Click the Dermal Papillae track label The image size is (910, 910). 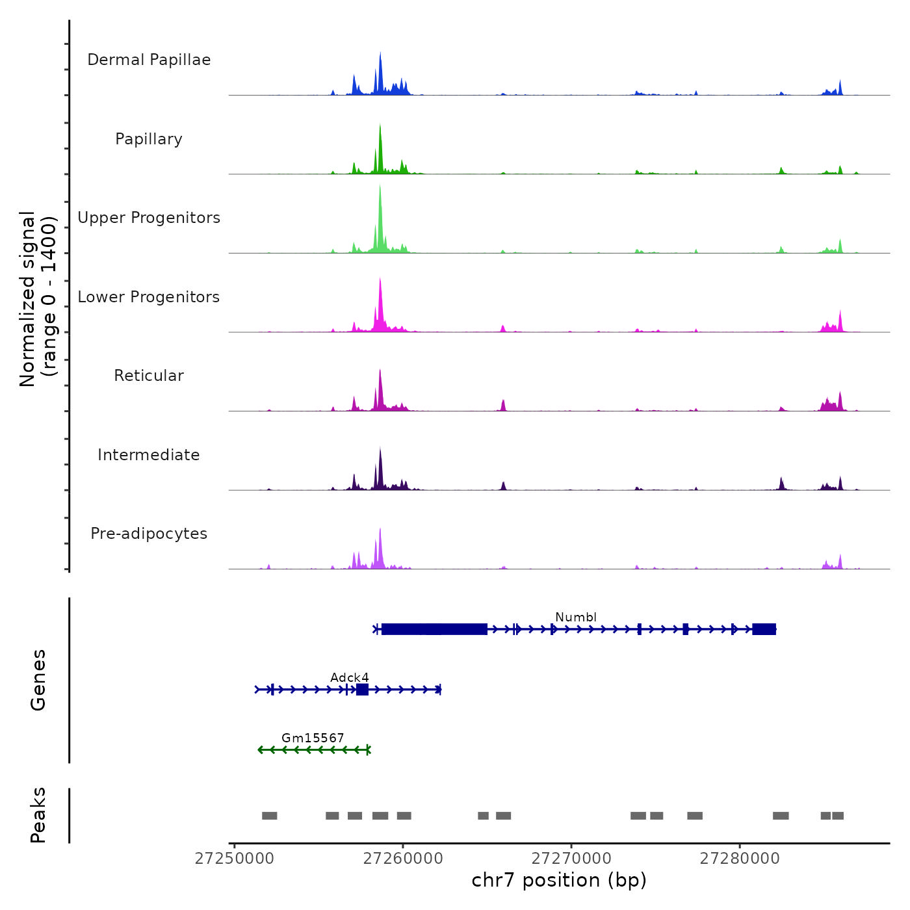click(x=149, y=60)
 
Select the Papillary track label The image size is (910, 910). click(x=149, y=139)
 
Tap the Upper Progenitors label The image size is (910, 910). click(x=149, y=218)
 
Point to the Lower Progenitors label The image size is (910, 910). click(x=149, y=297)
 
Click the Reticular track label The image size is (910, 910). click(x=149, y=376)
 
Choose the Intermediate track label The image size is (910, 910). click(x=149, y=455)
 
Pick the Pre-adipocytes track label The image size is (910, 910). click(x=149, y=534)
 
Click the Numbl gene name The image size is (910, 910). click(x=576, y=617)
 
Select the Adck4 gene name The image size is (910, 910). click(x=350, y=677)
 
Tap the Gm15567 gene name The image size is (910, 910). click(x=313, y=738)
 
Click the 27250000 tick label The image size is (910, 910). click(x=235, y=859)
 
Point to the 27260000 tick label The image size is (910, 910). click(x=403, y=859)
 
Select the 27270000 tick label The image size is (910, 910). click(x=571, y=859)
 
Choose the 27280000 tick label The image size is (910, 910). click(x=740, y=859)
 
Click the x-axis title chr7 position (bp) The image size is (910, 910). click(x=559, y=880)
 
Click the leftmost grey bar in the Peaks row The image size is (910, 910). click(x=270, y=816)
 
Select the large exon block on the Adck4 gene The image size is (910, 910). click(x=363, y=690)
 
